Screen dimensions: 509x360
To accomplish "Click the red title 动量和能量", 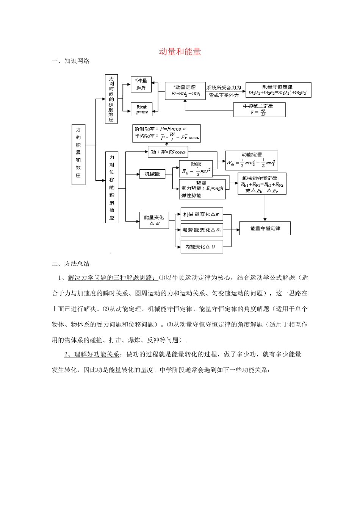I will pyautogui.click(x=180, y=52).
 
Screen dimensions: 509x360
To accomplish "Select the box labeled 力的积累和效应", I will pyautogui.click(x=78, y=155).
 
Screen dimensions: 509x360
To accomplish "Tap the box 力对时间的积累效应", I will pyautogui.click(x=111, y=99).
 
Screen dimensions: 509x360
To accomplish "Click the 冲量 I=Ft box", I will pyautogui.click(x=141, y=84).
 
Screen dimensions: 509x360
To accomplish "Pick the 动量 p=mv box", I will pyautogui.click(x=141, y=109).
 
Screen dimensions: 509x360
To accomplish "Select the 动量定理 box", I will pyautogui.click(x=185, y=91).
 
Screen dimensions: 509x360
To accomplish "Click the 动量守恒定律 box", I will pyautogui.click(x=278, y=90).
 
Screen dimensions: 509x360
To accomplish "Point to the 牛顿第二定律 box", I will pyautogui.click(x=259, y=109).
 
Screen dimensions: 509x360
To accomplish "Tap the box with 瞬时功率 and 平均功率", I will pyautogui.click(x=166, y=133).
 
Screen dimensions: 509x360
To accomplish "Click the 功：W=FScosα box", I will pyautogui.click(x=168, y=152).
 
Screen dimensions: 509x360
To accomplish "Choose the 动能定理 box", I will pyautogui.click(x=252, y=160).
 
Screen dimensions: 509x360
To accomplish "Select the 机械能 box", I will pyautogui.click(x=152, y=174).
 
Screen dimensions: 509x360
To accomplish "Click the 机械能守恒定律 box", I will pyautogui.click(x=262, y=184).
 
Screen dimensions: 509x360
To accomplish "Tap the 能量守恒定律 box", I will pyautogui.click(x=265, y=228).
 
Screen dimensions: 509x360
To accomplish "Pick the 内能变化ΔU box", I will pyautogui.click(x=201, y=247).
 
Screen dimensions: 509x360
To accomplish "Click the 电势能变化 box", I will pyautogui.click(x=201, y=230).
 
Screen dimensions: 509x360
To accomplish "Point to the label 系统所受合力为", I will pyautogui.click(x=224, y=87).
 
